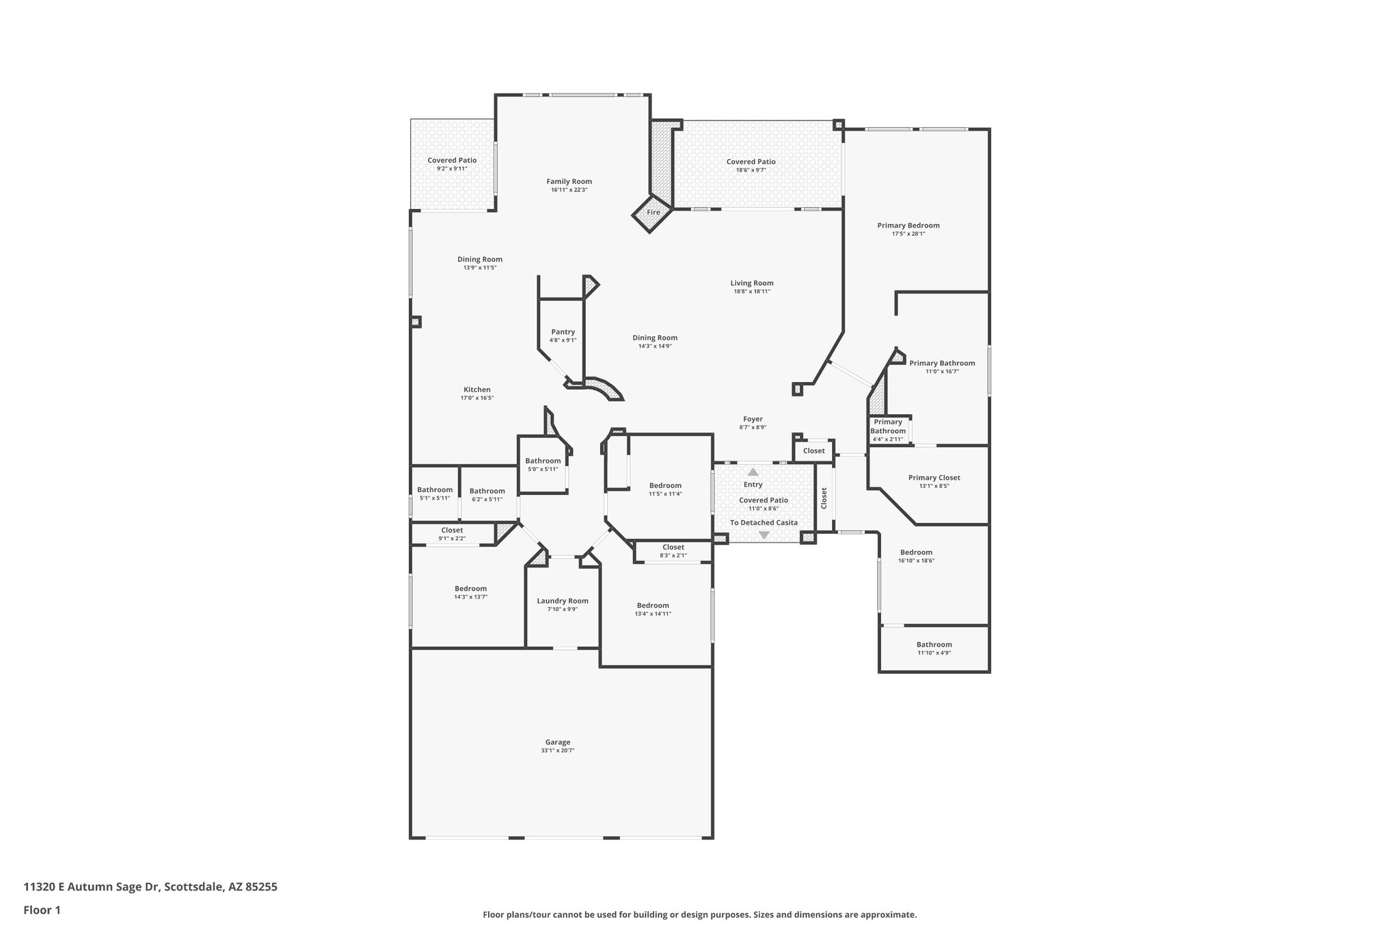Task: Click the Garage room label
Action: click(558, 742)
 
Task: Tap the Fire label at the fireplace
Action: click(654, 213)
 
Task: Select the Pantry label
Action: click(563, 332)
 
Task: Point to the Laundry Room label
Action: click(562, 601)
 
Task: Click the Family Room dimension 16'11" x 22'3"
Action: click(569, 190)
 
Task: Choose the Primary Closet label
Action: click(934, 478)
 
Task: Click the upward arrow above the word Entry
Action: click(753, 472)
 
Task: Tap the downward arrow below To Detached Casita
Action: click(764, 535)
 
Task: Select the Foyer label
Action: click(753, 419)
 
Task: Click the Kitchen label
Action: click(476, 390)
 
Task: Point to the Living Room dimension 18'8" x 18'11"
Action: click(752, 291)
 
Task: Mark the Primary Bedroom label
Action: click(908, 225)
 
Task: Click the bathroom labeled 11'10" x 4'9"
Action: click(934, 648)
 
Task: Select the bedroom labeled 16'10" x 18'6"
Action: click(916, 556)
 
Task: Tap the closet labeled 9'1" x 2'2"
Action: click(452, 534)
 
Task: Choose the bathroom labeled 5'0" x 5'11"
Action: click(543, 464)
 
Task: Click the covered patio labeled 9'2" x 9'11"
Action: click(452, 164)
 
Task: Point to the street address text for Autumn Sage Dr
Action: click(150, 887)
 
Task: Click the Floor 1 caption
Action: click(42, 910)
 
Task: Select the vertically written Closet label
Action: click(824, 498)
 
